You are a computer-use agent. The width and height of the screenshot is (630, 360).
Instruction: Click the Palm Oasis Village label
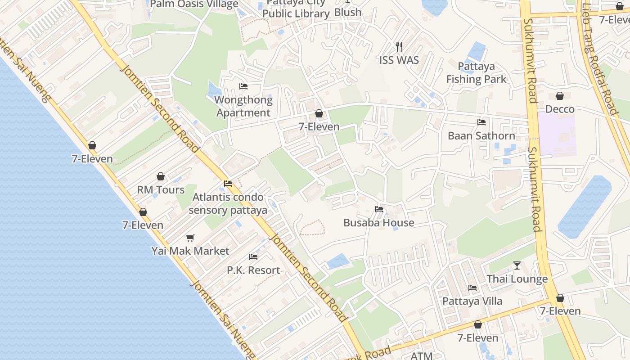pos(194,4)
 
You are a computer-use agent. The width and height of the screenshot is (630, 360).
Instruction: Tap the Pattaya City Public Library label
pos(296,9)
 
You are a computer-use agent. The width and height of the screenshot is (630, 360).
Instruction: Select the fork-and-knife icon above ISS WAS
pos(399,46)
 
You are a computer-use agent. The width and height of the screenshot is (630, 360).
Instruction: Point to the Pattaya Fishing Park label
pos(476,73)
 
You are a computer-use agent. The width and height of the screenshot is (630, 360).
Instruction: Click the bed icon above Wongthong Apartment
pos(243,86)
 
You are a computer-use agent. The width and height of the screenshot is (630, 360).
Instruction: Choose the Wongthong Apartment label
pos(243,106)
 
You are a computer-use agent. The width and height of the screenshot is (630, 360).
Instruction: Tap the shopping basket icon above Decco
pos(560,96)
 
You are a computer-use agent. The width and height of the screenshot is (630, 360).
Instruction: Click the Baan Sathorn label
pos(481,136)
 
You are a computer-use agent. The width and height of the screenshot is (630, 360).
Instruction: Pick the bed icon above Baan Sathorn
pos(481,122)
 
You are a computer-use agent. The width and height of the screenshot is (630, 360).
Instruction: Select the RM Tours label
pos(161,190)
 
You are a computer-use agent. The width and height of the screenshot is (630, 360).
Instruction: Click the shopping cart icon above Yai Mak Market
pos(190,238)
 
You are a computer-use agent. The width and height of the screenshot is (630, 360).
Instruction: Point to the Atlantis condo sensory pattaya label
pos(228,203)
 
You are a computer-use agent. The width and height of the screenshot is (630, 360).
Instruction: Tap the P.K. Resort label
pos(253,270)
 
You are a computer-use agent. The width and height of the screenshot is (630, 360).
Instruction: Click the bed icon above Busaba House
pos(378,209)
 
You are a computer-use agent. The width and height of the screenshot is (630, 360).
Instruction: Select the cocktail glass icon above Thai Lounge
pos(517,265)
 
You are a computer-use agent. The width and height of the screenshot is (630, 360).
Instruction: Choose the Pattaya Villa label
pos(472,301)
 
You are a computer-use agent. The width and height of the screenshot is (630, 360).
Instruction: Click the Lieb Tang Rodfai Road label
pos(598,58)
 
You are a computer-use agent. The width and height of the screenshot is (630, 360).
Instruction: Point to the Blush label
pos(348,12)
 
